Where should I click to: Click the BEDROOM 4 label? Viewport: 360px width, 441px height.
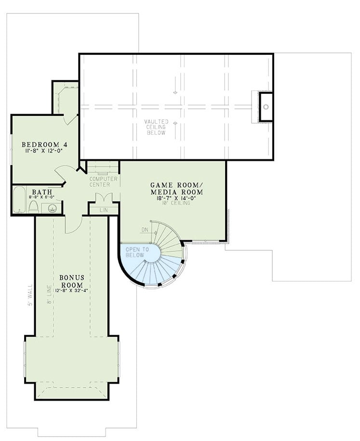point(44,144)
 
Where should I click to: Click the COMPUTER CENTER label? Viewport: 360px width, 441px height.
point(100,182)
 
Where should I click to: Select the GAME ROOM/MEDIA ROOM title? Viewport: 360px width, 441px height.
point(176,188)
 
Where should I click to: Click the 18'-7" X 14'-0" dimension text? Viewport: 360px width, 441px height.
point(176,197)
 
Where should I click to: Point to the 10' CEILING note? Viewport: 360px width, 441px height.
point(176,203)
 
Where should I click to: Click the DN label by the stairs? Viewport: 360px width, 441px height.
point(144,230)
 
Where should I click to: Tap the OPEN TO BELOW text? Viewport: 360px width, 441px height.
point(135,252)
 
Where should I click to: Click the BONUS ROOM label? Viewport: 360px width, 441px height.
point(73,281)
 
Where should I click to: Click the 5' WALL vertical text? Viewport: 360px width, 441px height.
point(29,295)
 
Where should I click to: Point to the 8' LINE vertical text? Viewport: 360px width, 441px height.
point(49,295)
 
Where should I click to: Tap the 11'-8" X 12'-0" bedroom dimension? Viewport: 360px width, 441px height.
point(44,151)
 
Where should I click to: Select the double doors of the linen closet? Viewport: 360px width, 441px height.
point(104,198)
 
